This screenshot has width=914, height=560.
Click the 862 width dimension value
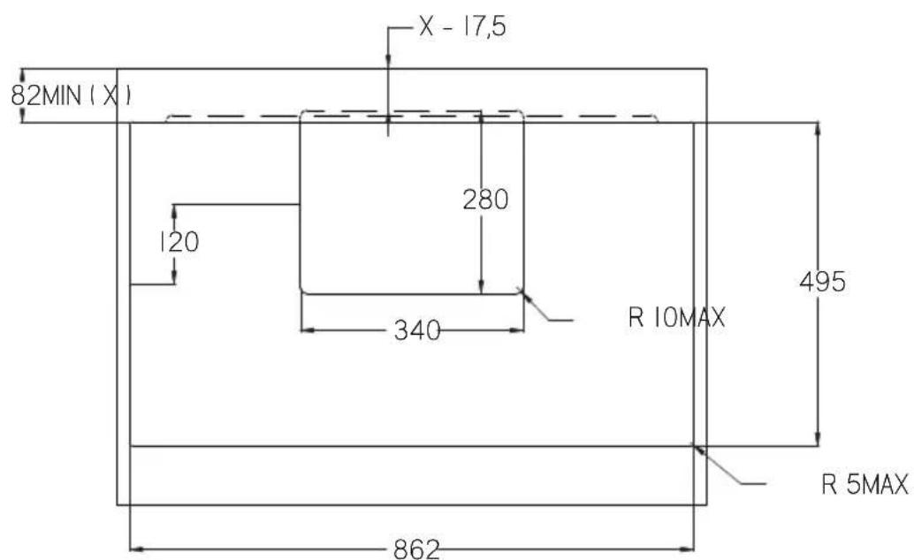coord(416,549)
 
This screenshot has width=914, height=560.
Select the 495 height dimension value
coord(822,282)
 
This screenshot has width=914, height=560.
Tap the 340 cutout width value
coord(417,330)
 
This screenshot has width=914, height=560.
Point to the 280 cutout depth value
coord(485,200)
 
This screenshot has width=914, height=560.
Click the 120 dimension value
coord(179,242)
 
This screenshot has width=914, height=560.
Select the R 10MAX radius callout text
coord(677,318)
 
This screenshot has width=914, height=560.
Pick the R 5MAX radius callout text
coord(864,484)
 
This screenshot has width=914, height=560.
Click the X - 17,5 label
coord(462,26)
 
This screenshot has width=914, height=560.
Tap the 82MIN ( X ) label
coord(71,95)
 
